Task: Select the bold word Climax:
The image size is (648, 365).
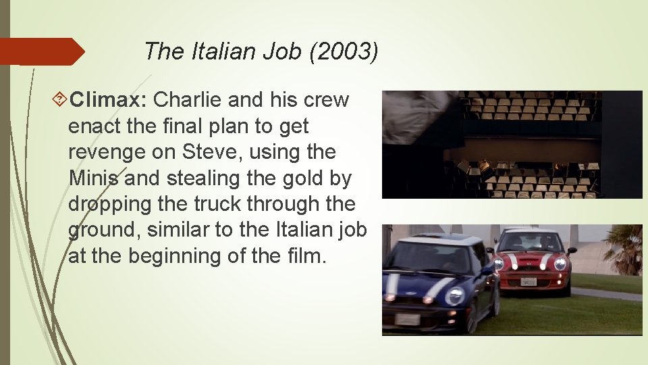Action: click(x=109, y=100)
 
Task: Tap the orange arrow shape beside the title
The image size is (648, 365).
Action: click(x=40, y=51)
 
